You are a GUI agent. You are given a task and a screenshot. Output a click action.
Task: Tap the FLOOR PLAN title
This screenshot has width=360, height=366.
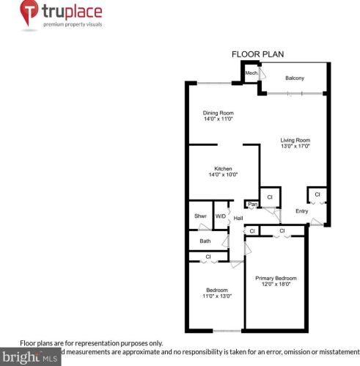tap(257, 54)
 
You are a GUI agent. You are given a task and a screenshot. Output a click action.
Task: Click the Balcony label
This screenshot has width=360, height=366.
tap(295, 78)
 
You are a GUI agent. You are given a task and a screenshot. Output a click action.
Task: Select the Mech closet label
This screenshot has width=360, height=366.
tap(251, 73)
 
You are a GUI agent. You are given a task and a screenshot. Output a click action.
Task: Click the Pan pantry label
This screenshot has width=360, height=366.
tap(251, 204)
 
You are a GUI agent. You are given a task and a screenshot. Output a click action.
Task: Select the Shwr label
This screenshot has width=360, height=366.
tap(199, 216)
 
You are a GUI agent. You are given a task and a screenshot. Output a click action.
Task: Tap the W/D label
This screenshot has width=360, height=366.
tap(220, 216)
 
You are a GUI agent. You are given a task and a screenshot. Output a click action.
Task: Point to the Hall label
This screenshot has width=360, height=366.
tap(238, 220)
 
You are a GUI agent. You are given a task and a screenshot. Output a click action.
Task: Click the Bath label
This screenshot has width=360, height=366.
tap(205, 241)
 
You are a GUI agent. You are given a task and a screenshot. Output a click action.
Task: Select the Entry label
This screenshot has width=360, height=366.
tap(301, 212)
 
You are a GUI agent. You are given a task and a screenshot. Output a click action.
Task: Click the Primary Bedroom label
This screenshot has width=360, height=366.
tap(276, 278)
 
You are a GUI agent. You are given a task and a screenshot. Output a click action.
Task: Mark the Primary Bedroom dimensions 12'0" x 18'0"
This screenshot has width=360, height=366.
tap(276, 285)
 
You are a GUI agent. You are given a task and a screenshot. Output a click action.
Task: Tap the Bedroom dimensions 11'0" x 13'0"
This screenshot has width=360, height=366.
tap(216, 296)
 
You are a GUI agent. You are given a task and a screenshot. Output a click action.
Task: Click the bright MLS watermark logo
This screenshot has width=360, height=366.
tap(29, 358)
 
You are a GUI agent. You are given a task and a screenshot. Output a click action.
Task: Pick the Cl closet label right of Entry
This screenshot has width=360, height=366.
tap(317, 194)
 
